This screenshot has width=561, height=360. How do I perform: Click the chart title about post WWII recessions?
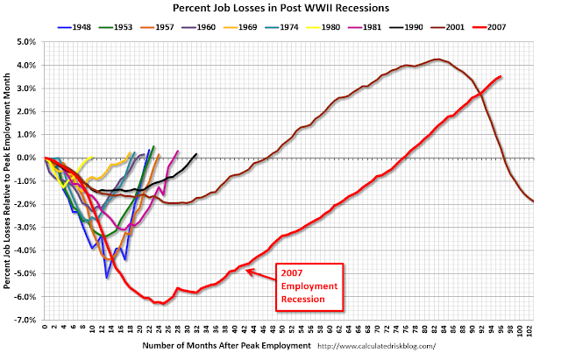point(280,8)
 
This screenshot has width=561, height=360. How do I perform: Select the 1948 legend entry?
point(74,27)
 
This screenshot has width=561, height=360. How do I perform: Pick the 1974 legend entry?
point(281,27)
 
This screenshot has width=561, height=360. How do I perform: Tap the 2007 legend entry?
point(489,27)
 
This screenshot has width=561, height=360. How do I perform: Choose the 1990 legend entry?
point(406,27)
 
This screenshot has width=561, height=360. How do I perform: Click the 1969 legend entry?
point(240,27)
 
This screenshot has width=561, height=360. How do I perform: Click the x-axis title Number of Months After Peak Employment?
point(226,346)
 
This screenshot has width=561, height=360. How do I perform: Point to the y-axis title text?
point(7,181)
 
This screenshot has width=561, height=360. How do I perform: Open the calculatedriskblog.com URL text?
point(376,346)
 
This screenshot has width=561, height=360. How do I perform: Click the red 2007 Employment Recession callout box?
point(309,286)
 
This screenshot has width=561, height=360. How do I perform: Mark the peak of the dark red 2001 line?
point(437,60)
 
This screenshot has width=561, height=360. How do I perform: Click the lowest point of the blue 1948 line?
point(107,278)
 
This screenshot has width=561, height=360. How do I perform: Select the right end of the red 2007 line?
point(501,76)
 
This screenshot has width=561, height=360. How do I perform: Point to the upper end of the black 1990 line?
point(196,154)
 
